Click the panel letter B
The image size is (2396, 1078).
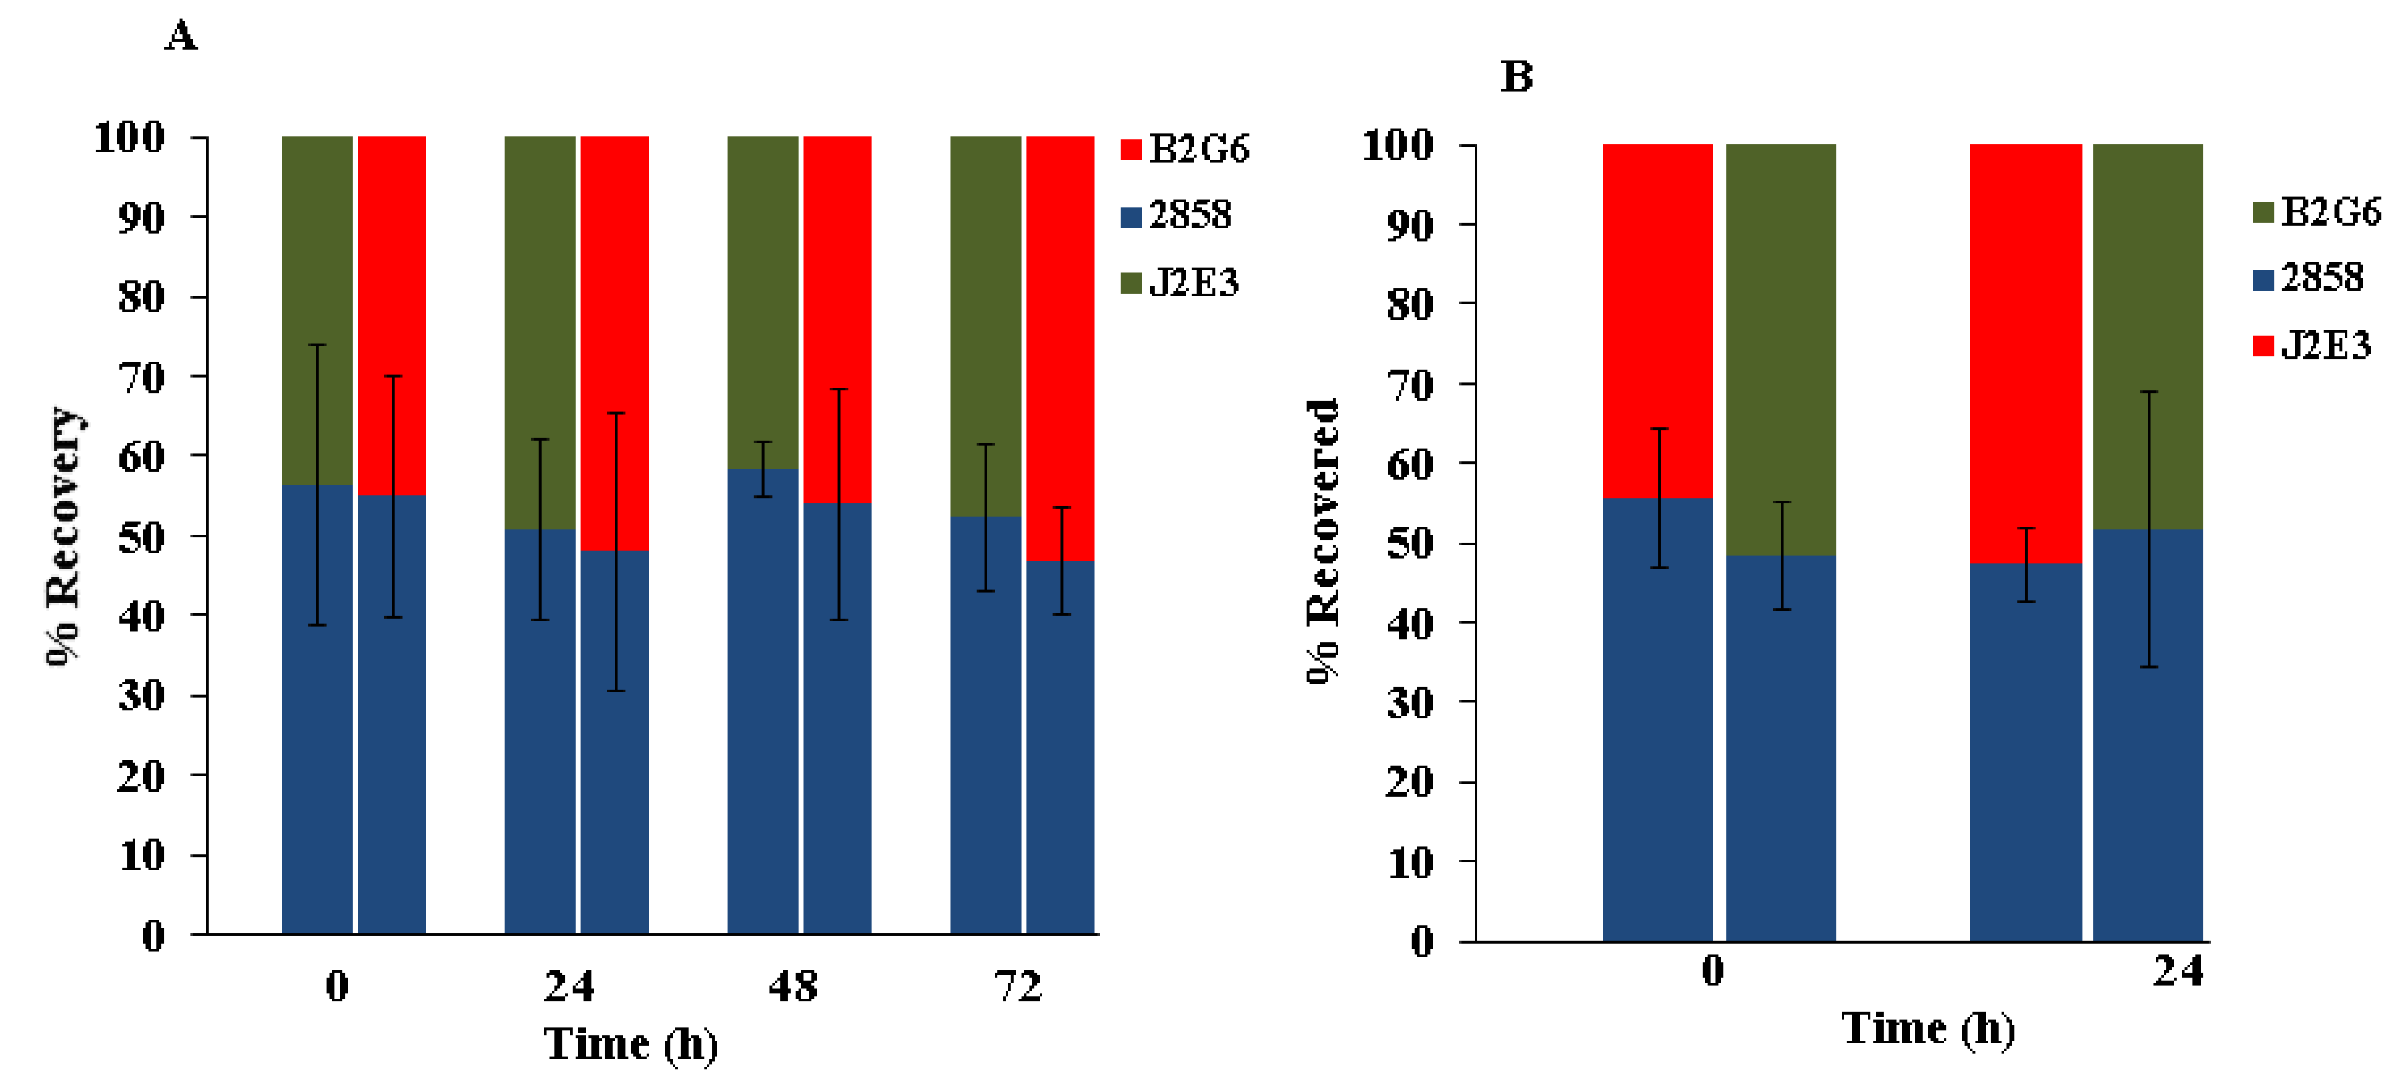click(1516, 76)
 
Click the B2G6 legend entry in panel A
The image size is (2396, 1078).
click(1186, 149)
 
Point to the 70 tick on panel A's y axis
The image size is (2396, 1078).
click(141, 376)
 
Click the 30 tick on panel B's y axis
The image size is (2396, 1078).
click(1409, 702)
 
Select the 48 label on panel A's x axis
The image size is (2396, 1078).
click(793, 986)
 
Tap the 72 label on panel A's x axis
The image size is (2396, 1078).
click(1018, 986)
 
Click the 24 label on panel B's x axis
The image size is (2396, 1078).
click(2177, 971)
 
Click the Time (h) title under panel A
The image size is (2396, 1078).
click(631, 1043)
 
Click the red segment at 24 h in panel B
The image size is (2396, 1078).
click(2026, 354)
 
